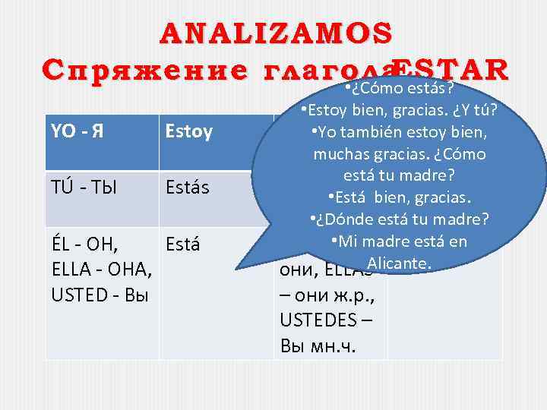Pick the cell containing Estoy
(x=189, y=134)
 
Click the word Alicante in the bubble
(x=399, y=263)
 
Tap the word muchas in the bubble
(x=337, y=155)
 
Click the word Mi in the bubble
(x=349, y=242)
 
